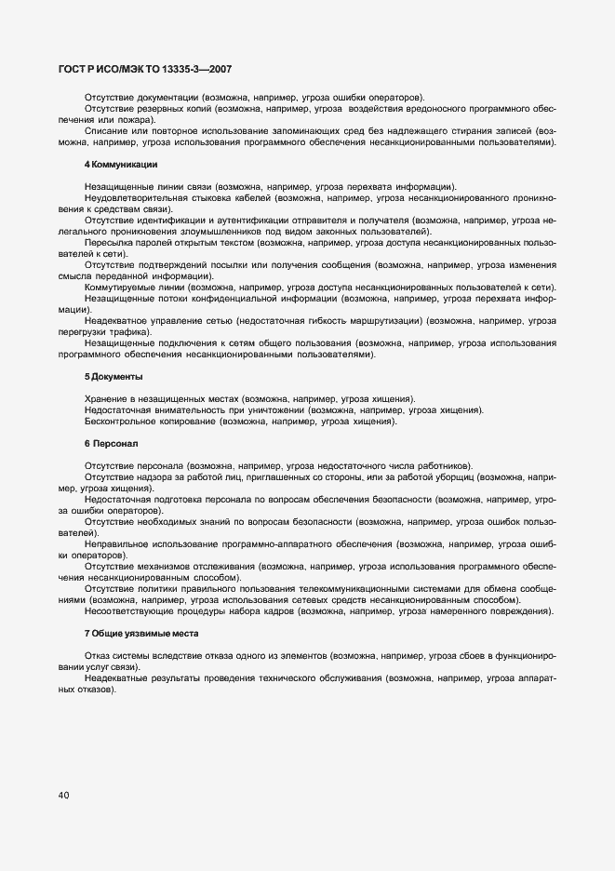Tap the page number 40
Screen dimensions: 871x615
(63, 796)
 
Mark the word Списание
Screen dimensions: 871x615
(106, 131)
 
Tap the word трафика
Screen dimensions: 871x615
(127, 332)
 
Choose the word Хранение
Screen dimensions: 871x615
(107, 399)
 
